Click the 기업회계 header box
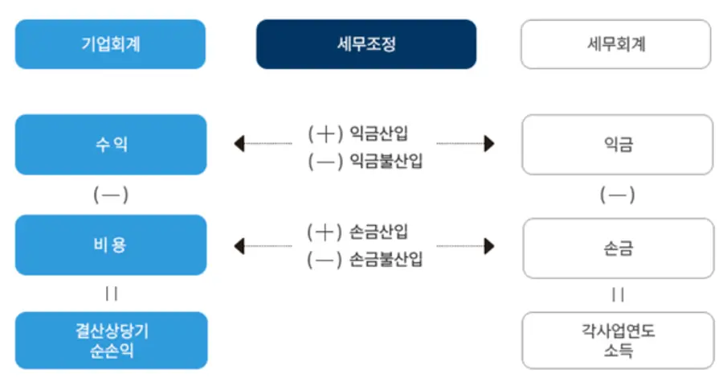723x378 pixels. point(110,44)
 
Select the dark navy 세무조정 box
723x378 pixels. point(366,44)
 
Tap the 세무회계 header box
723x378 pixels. point(616,44)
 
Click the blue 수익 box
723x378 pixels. point(110,145)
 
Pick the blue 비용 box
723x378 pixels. point(110,245)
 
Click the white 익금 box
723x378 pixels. point(616,145)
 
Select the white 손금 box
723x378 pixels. point(616,245)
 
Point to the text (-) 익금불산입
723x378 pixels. point(365,161)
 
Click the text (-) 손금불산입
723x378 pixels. point(365,260)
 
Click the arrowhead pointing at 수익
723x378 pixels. point(239,145)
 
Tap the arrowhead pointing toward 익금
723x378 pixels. point(489,145)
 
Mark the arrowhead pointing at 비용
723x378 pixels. point(239,245)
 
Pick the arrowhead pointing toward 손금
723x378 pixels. point(489,245)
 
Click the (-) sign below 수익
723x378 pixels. point(111,195)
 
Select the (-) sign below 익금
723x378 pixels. point(617,195)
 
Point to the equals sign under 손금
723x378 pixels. point(617,294)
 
